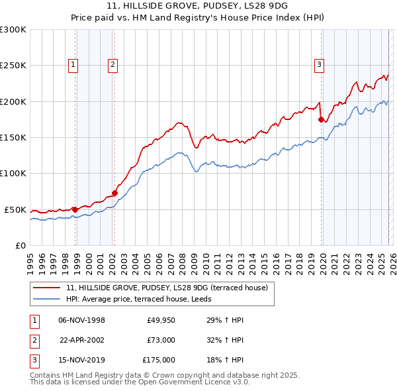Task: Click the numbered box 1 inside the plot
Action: (x=73, y=65)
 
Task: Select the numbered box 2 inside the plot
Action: (x=113, y=65)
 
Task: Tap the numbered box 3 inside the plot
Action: (x=319, y=65)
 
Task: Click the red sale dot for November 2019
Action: (x=321, y=120)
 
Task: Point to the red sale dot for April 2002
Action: (x=114, y=193)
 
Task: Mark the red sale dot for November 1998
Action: (x=75, y=209)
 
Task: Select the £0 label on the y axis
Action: (x=20, y=245)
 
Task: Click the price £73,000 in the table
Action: (x=161, y=340)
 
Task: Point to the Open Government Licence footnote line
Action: (x=140, y=382)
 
